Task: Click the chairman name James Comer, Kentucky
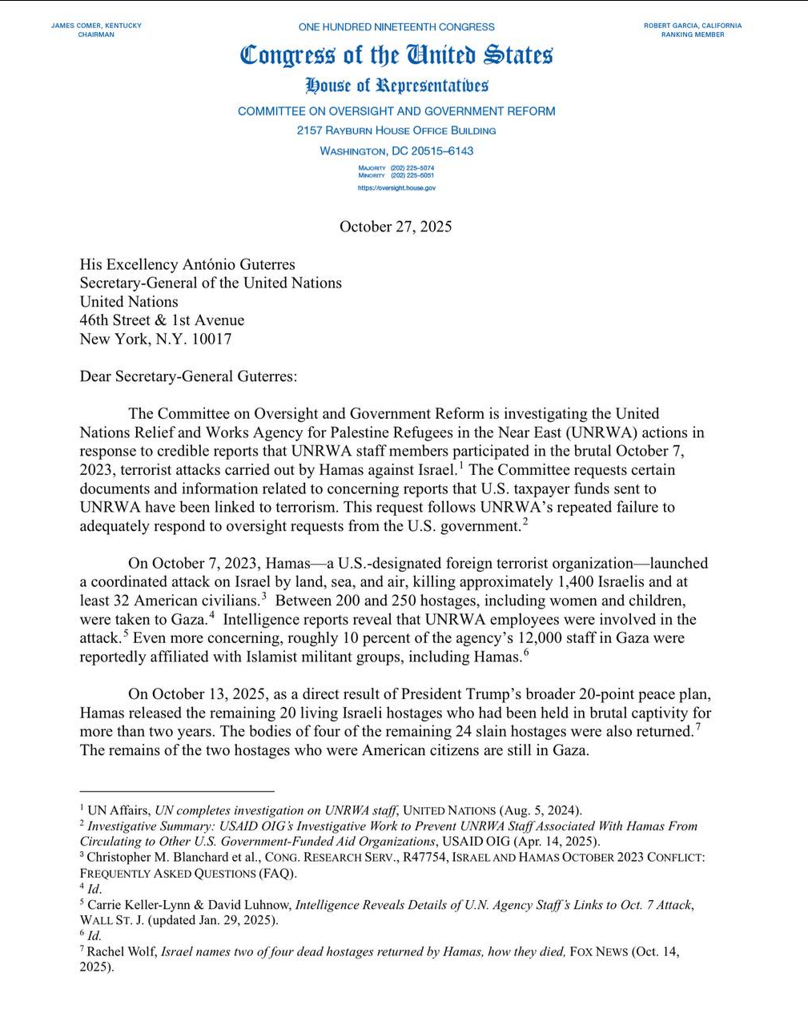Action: [96, 26]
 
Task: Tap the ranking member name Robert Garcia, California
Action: [693, 26]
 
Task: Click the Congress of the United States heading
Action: [396, 55]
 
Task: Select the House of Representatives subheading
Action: [396, 86]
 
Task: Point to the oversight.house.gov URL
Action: [396, 188]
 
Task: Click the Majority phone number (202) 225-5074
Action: [412, 168]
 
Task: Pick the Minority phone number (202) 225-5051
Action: [412, 175]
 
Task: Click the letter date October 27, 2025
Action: [396, 227]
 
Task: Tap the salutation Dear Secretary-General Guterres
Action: [188, 376]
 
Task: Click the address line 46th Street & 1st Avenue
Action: [162, 320]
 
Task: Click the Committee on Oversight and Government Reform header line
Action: [396, 111]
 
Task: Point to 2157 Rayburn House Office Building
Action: [396, 131]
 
